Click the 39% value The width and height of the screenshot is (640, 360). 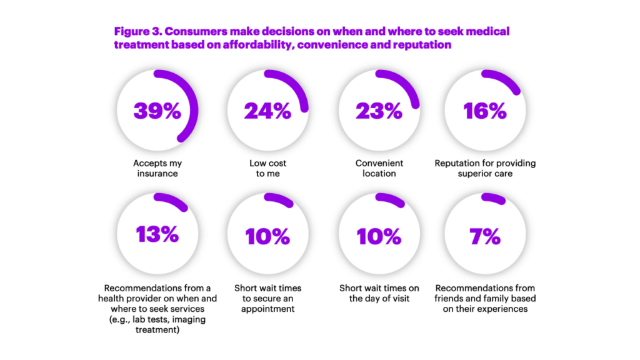(157, 111)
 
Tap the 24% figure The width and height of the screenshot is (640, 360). (267, 111)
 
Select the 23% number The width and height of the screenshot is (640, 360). (379, 111)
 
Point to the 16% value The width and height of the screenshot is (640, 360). (485, 111)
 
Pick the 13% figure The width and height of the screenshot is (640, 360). (157, 235)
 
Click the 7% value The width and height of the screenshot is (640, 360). (485, 236)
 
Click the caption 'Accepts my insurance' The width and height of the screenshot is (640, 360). (157, 168)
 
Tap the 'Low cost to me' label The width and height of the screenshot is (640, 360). (267, 168)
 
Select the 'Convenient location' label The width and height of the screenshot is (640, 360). (379, 168)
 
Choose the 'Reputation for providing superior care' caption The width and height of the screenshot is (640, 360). (485, 168)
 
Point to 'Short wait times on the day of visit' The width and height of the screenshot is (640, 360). (379, 293)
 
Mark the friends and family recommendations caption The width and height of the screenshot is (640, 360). (485, 298)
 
